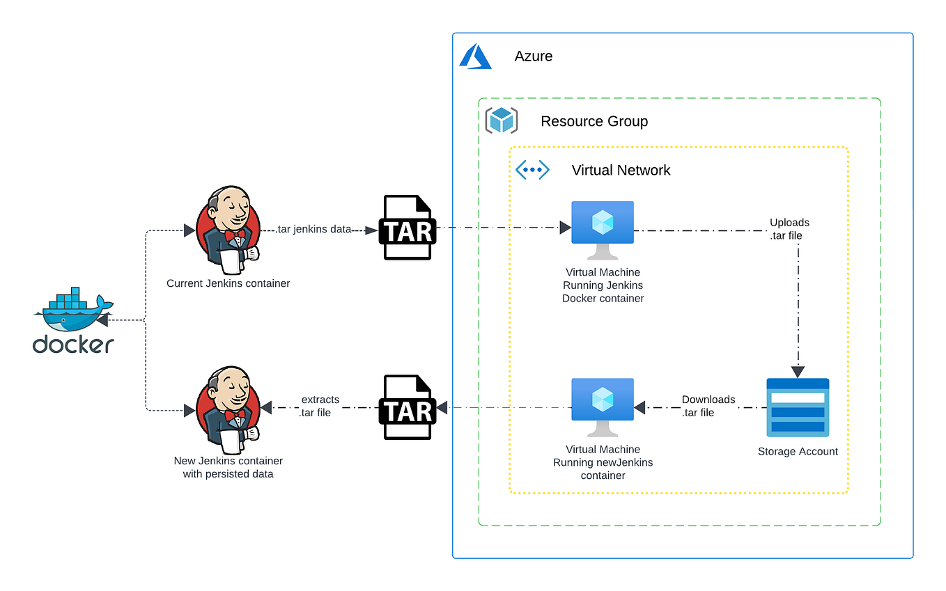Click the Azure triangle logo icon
pos(475,56)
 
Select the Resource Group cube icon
pos(501,120)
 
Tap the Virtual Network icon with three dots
pos(532,170)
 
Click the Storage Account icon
pos(798,407)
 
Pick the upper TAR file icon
pos(408,228)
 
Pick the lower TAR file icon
pos(408,407)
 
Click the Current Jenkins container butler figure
pos(228,230)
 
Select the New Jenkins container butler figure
pos(228,409)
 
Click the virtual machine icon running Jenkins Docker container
pos(603,223)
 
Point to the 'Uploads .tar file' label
pos(789,229)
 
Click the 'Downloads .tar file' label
pos(708,406)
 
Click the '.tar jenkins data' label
pos(313,229)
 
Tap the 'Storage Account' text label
pos(798,452)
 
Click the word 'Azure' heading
pos(534,56)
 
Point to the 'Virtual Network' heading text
pos(621,170)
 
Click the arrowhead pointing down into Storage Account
pos(798,372)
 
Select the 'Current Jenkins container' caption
pos(228,283)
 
